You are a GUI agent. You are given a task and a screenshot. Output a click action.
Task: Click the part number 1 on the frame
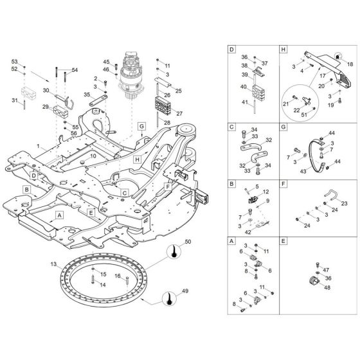pos(39,148)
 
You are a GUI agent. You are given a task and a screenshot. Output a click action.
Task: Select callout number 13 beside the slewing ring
pos(55,264)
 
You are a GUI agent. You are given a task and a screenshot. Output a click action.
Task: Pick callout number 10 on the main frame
pos(92,156)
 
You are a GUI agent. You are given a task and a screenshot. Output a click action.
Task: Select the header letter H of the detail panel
pos(283,49)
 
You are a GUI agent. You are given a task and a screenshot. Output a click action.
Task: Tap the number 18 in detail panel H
pos(350,66)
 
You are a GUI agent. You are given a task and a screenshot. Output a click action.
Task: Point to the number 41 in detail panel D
pos(245,102)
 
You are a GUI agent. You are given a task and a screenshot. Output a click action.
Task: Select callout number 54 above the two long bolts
pos(75,70)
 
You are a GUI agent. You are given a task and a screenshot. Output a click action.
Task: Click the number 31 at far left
pos(14,100)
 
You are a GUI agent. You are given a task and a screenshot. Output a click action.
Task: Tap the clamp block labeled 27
pos(161,103)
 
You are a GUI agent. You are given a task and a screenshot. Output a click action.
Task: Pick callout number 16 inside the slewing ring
pos(117,276)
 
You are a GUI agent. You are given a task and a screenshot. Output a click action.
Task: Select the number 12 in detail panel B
pos(265,192)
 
